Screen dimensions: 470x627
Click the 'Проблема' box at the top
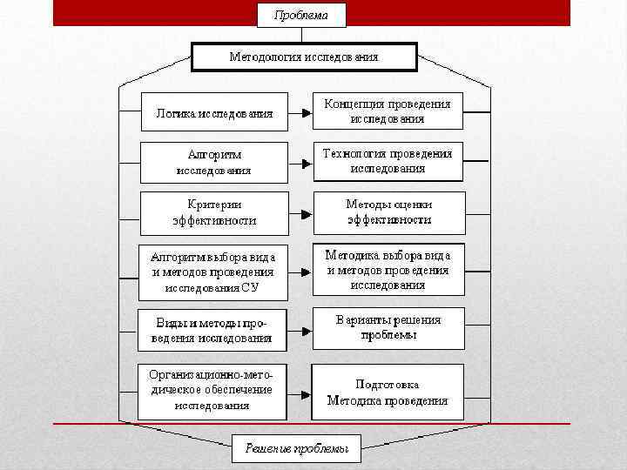(x=301, y=15)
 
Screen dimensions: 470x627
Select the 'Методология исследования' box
(x=304, y=57)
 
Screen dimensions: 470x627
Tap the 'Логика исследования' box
(x=214, y=112)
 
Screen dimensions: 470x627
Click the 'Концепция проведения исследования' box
(x=388, y=111)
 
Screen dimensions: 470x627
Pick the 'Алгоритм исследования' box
(x=214, y=162)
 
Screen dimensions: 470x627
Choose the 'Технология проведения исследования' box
(x=388, y=161)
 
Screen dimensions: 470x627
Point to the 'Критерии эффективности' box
(x=214, y=212)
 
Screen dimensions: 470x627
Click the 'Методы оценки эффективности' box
(x=388, y=211)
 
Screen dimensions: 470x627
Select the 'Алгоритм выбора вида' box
(x=213, y=272)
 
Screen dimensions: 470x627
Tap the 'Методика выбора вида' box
(x=388, y=270)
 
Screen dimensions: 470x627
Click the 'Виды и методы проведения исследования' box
(x=212, y=330)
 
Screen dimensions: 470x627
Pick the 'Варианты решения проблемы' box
(x=388, y=327)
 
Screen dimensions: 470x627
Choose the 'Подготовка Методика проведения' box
(x=388, y=392)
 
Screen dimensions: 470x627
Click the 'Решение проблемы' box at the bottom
(x=296, y=448)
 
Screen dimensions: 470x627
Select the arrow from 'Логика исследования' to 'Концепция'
(x=300, y=113)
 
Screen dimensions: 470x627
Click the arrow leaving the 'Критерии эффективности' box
(x=300, y=213)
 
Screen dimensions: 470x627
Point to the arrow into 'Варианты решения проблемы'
(x=300, y=331)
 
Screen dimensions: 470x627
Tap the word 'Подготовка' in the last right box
(x=388, y=384)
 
